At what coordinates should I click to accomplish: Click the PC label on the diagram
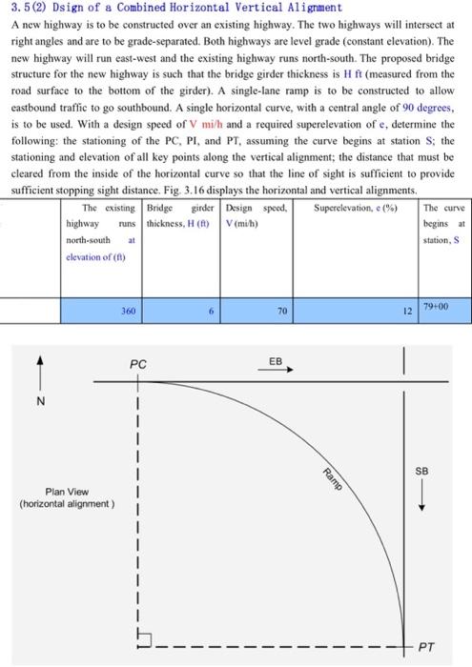pyautogui.click(x=139, y=364)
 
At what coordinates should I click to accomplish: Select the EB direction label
pyautogui.click(x=276, y=362)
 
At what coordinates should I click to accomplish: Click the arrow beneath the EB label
pyautogui.click(x=282, y=372)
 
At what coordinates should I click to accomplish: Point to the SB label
pyautogui.click(x=422, y=471)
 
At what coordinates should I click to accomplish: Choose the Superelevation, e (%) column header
pyautogui.click(x=352, y=207)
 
